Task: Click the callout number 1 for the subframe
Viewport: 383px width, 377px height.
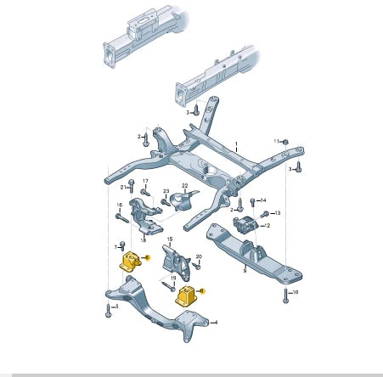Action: (x=237, y=144)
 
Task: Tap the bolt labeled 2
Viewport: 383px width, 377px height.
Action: (x=147, y=137)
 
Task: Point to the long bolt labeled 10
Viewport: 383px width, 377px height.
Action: (x=285, y=295)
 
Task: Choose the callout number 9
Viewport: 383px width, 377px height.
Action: (x=243, y=272)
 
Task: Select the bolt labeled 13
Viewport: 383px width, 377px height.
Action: (x=265, y=213)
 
